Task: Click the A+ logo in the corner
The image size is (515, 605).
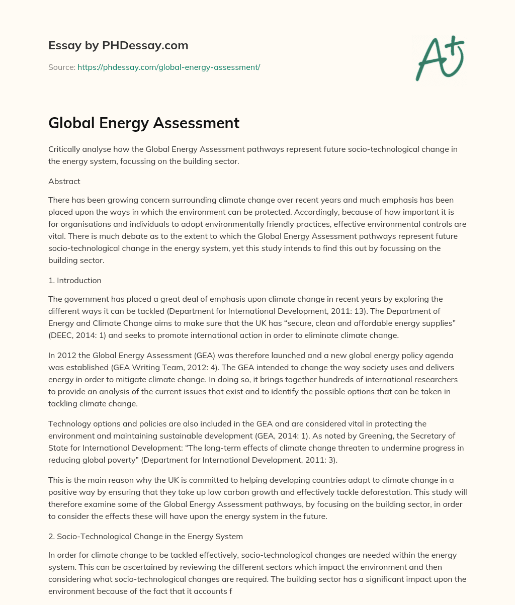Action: tap(440, 58)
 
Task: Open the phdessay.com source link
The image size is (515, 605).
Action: tap(168, 67)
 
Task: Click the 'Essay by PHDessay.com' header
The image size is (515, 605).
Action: tap(118, 45)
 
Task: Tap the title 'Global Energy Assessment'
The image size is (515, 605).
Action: tap(144, 123)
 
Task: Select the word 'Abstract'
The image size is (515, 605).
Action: tap(64, 181)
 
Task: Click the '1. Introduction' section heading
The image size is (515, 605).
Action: tap(75, 280)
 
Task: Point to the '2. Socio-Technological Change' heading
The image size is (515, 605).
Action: tap(146, 536)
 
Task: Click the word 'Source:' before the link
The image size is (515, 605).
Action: tap(61, 67)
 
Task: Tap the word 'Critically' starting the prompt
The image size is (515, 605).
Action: tap(66, 149)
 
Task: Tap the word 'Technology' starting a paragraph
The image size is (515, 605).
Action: tap(68, 423)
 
